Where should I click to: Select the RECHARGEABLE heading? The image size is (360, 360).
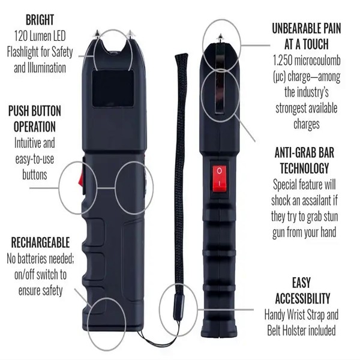[40, 243]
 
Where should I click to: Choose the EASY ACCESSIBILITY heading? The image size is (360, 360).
[302, 290]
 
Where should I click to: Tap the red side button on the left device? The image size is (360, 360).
[82, 178]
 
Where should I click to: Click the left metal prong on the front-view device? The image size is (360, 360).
[97, 34]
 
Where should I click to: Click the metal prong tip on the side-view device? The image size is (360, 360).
[220, 37]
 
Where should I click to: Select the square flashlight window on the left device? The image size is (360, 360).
[113, 88]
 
